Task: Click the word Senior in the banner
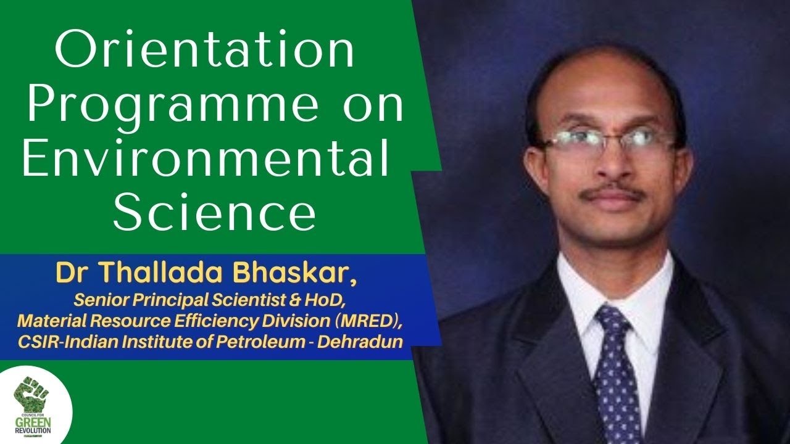tap(96, 300)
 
